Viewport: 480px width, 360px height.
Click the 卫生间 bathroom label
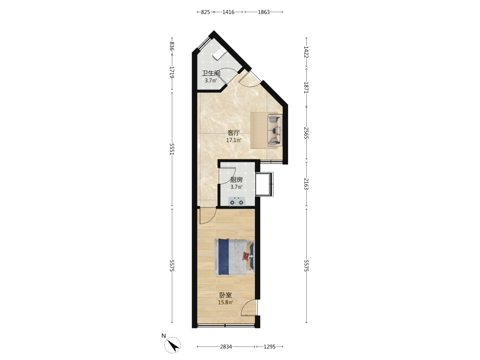(211, 73)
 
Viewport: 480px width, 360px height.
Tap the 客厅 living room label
(234, 133)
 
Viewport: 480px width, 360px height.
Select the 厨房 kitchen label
(236, 180)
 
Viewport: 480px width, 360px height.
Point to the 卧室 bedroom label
(225, 295)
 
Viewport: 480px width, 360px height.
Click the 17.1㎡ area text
(234, 141)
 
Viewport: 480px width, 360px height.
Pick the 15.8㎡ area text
(225, 302)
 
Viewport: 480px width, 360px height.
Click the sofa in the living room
(275, 130)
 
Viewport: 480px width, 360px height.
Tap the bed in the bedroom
(234, 256)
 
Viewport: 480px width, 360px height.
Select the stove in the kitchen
(237, 201)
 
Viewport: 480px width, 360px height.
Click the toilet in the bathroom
(219, 54)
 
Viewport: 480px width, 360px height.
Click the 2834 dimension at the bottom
(226, 347)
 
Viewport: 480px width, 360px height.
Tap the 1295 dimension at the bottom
(270, 347)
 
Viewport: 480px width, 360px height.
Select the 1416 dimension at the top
(228, 12)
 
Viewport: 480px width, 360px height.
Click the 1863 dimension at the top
(264, 12)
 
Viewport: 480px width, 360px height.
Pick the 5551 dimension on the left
(172, 149)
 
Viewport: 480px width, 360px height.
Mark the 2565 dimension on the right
(306, 133)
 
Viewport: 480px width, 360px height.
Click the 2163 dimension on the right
(306, 183)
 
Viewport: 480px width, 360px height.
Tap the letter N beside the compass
(164, 336)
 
